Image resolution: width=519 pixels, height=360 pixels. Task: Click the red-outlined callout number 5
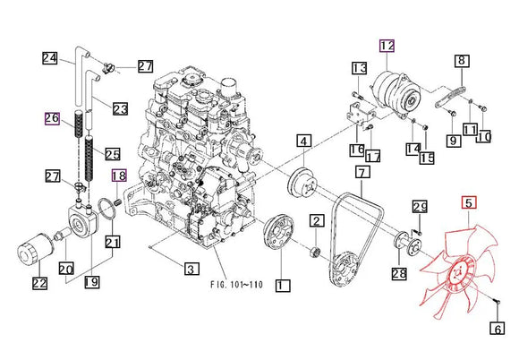tap(469, 202)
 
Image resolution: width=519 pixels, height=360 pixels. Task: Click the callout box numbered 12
tap(387, 46)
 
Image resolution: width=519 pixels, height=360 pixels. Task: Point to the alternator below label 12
tap(396, 94)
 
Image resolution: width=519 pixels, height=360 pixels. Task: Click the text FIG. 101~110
tap(236, 285)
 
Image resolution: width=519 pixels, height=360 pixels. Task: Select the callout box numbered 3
tap(191, 269)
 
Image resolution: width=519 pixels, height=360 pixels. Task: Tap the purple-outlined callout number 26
tap(52, 118)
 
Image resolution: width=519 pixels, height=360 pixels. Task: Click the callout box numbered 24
tap(49, 58)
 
